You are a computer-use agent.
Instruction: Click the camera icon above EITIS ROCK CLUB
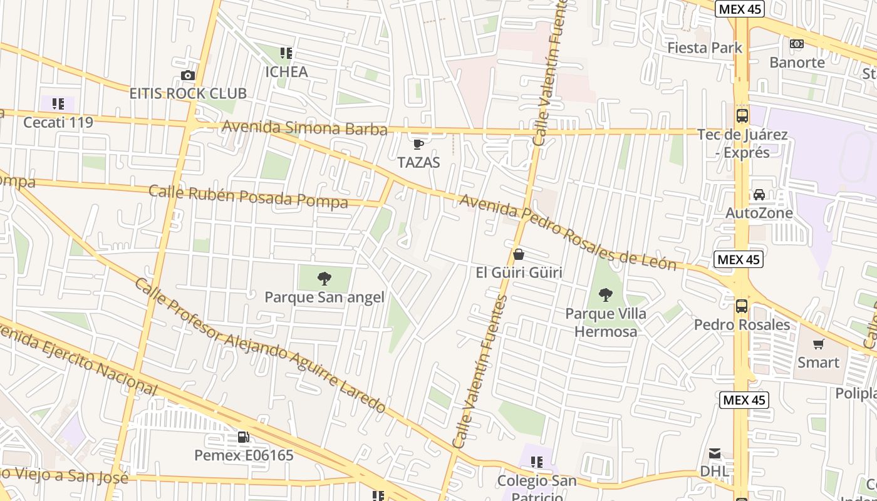[187, 76]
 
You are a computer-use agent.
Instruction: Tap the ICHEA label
[286, 72]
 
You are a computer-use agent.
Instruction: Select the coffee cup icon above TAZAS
[418, 145]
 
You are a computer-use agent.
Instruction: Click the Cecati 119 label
[58, 122]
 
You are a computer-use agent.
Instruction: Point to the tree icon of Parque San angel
[324, 279]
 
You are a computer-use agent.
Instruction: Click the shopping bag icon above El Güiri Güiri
[518, 254]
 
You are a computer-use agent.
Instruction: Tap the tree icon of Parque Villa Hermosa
[605, 294]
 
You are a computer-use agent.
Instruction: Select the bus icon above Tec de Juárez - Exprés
[742, 116]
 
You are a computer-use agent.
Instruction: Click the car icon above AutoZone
[759, 195]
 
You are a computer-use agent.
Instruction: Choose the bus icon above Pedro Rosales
[742, 306]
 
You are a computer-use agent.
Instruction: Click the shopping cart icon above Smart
[818, 344]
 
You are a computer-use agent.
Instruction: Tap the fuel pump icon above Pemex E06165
[243, 437]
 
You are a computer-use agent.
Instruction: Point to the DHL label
[715, 470]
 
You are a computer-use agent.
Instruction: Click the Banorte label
[797, 63]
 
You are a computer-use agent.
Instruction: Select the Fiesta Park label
[705, 48]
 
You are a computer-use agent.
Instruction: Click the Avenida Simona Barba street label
[304, 128]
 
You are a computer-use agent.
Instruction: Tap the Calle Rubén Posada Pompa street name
[248, 197]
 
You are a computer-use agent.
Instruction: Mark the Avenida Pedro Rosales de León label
[568, 232]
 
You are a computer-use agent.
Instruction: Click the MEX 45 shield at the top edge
[740, 9]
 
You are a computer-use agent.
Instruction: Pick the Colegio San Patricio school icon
[536, 462]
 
